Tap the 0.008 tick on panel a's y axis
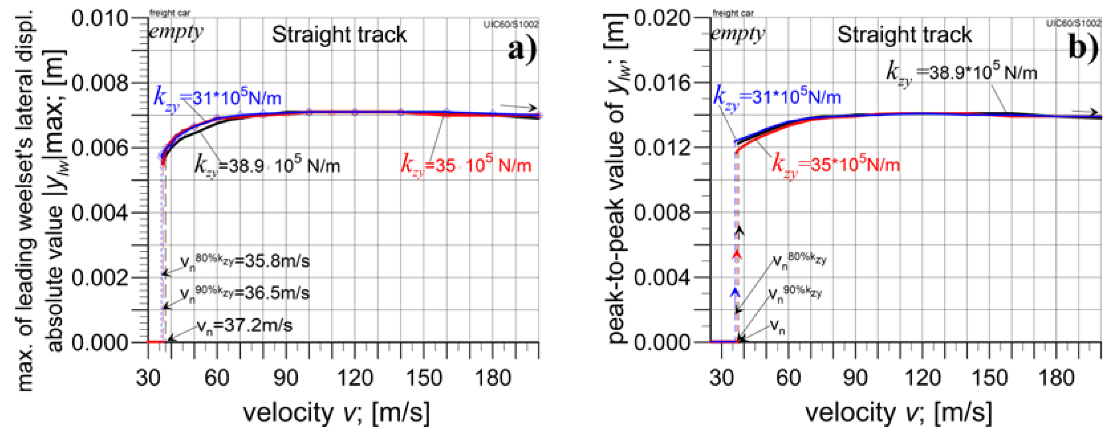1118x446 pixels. click(x=100, y=82)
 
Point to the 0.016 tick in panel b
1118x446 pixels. click(x=662, y=82)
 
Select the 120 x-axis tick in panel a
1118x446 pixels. click(x=355, y=377)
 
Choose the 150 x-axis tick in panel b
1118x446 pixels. click(x=989, y=377)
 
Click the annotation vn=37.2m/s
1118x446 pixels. click(x=244, y=326)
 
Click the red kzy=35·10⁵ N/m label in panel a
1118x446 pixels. click(x=466, y=165)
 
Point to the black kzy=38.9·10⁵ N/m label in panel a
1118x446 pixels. click(x=267, y=165)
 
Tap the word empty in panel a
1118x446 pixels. click(x=176, y=32)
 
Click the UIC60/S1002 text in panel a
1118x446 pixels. click(x=511, y=24)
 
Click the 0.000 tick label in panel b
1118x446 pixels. click(x=662, y=343)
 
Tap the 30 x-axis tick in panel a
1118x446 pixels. click(x=148, y=377)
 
